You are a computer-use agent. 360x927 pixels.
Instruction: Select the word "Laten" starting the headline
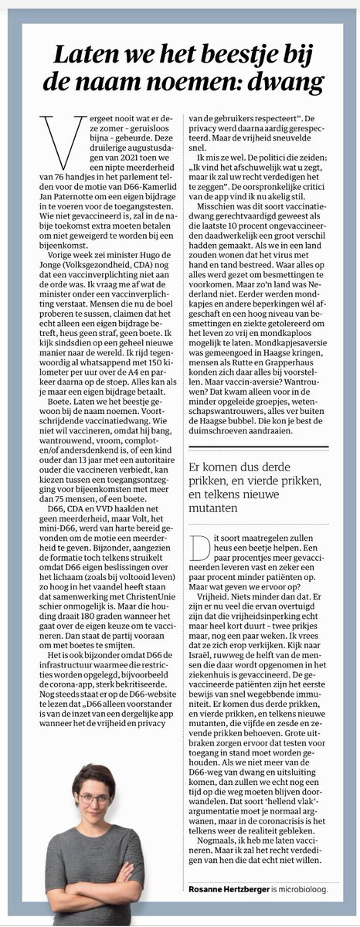tap(84, 53)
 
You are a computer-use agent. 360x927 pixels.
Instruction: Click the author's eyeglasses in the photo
tap(93, 799)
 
